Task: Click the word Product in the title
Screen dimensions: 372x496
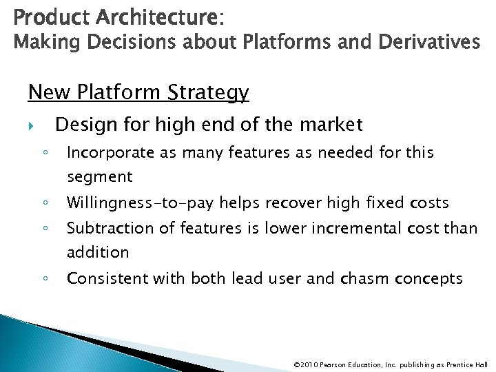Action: (40, 14)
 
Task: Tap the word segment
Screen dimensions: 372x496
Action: (99, 177)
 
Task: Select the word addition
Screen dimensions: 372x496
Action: (98, 253)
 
